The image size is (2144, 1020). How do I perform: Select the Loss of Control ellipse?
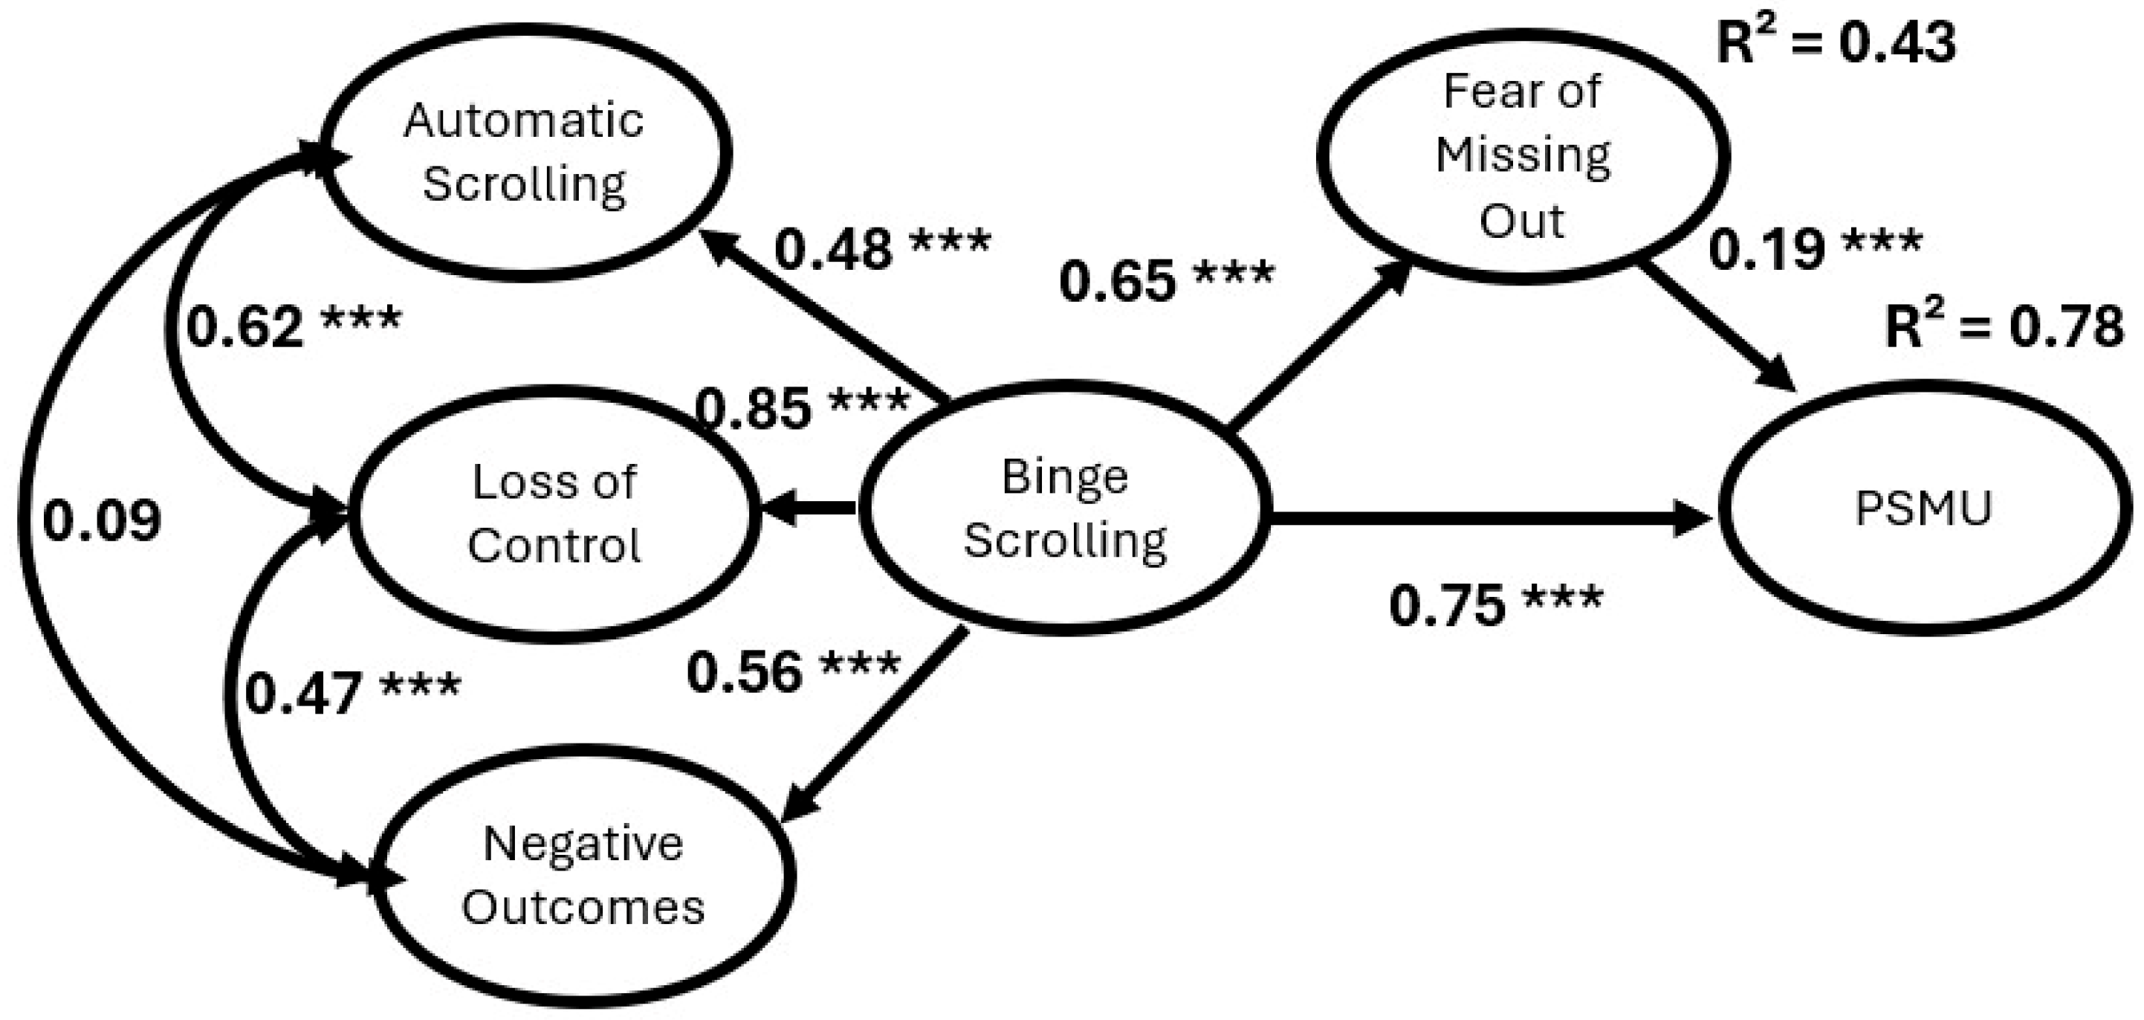[554, 514]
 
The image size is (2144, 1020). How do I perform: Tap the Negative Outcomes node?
[583, 876]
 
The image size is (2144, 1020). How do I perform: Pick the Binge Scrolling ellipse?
[1066, 508]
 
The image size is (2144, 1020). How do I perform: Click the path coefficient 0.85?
[754, 408]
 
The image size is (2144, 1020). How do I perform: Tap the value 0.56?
[745, 672]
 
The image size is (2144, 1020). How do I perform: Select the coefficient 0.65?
[1117, 280]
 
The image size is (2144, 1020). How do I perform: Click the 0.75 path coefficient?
[1448, 604]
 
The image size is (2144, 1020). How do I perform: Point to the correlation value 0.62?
[244, 326]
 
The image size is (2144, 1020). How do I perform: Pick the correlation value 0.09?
[102, 521]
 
